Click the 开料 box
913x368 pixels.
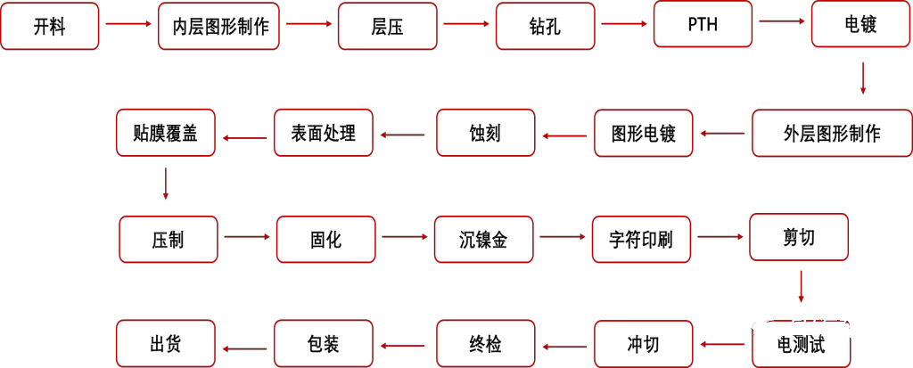click(x=49, y=26)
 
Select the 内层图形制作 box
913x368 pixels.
click(x=219, y=26)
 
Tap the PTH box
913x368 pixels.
click(x=703, y=24)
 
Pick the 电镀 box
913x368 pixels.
click(x=860, y=24)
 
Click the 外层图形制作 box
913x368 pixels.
click(x=832, y=134)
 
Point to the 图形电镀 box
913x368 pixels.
click(x=644, y=134)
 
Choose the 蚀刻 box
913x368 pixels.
click(x=485, y=133)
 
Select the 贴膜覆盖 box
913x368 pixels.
click(x=166, y=133)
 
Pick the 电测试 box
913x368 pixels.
click(x=800, y=343)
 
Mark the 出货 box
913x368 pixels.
click(x=166, y=343)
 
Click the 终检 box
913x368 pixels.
click(x=485, y=343)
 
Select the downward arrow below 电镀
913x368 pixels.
click(x=862, y=78)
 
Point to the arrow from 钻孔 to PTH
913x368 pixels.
click(x=623, y=25)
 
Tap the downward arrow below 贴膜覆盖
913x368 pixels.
click(x=166, y=184)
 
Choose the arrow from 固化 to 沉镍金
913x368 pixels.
click(x=405, y=238)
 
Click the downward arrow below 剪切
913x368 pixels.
click(x=801, y=287)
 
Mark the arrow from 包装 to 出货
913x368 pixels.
click(x=244, y=348)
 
